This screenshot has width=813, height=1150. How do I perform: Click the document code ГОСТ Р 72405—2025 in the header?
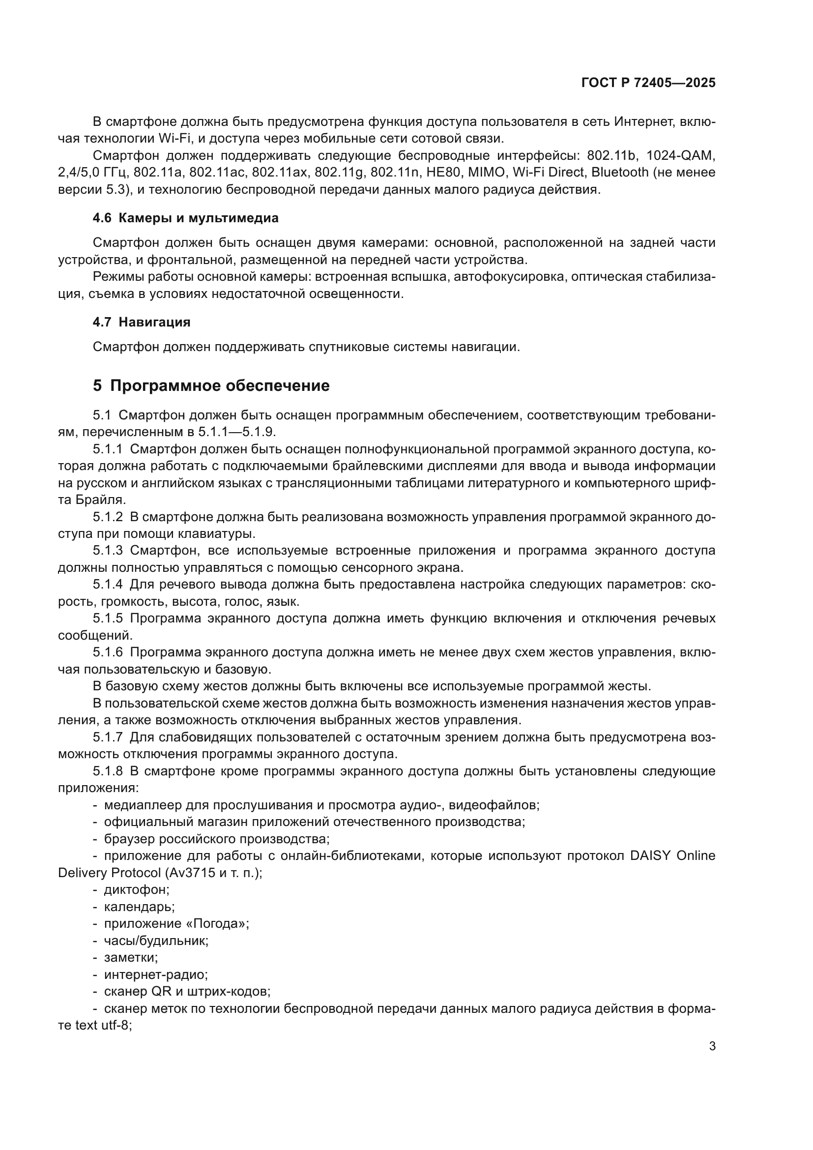648,83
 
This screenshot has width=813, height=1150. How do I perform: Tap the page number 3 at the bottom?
712,1046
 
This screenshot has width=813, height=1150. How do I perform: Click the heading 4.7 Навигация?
141,322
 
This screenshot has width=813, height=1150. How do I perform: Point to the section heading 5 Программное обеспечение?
211,385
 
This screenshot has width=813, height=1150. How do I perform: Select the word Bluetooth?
620,172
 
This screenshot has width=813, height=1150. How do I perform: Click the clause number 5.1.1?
108,449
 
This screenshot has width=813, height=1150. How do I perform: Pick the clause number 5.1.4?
108,584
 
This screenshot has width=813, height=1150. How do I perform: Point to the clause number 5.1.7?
108,737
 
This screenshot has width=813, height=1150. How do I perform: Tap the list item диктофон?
136,889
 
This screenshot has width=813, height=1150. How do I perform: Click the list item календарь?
139,907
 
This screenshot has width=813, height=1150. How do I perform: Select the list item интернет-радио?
156,974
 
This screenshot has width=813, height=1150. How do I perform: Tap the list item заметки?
131,957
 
